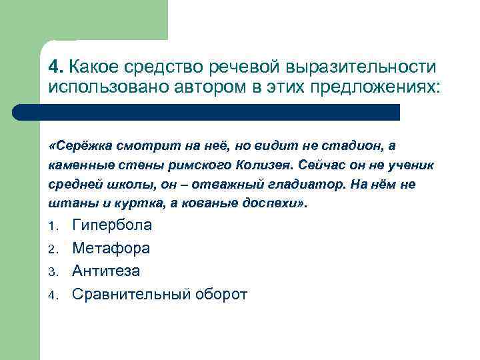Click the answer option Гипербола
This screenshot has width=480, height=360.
click(111, 225)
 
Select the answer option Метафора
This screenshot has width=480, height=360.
click(111, 249)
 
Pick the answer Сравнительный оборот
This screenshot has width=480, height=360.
click(159, 294)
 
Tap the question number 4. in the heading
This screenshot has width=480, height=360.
click(56, 67)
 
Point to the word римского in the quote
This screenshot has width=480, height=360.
click(197, 165)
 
